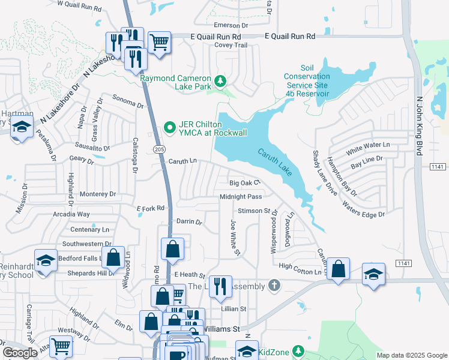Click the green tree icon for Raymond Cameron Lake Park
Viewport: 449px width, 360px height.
(220, 80)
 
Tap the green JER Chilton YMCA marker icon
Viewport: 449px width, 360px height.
(170, 127)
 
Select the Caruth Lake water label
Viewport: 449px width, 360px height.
(277, 162)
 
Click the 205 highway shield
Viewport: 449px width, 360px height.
(158, 148)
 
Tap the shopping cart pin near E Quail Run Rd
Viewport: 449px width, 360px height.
(159, 43)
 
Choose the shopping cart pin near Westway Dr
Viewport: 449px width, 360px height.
(61, 346)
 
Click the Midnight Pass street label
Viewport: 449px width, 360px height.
(241, 197)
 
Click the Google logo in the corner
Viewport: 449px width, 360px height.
(20, 353)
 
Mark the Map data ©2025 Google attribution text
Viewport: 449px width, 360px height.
(411, 355)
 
